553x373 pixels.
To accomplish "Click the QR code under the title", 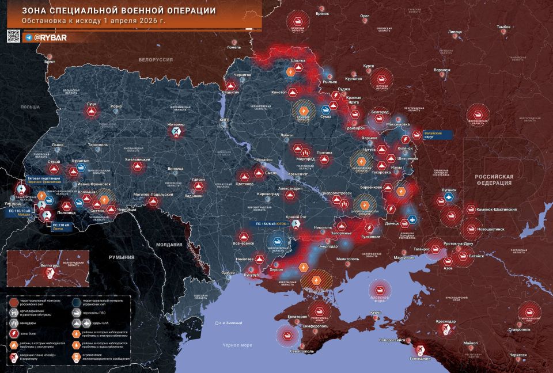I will [x=13, y=37].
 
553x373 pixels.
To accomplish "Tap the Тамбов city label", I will [x=503, y=27].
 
